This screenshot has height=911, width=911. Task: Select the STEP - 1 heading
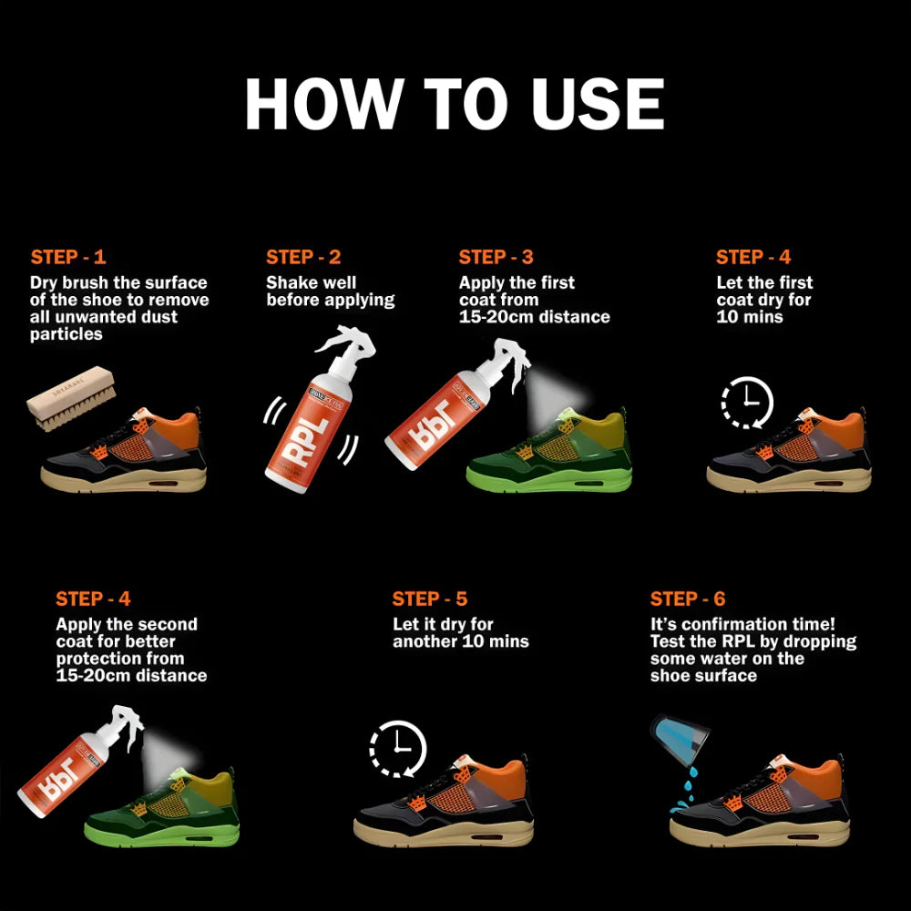click(68, 257)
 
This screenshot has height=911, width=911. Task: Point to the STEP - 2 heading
click(303, 257)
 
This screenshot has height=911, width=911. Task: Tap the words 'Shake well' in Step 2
click(311, 282)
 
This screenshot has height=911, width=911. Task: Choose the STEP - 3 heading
click(496, 257)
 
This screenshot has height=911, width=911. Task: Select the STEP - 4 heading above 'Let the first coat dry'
click(753, 257)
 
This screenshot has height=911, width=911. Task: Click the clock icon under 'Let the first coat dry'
click(747, 402)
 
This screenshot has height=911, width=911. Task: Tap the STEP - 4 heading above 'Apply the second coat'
click(93, 599)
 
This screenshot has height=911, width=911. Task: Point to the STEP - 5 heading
click(430, 599)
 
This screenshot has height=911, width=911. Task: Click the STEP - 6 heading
click(688, 599)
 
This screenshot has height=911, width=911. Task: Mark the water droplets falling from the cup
click(685, 789)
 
